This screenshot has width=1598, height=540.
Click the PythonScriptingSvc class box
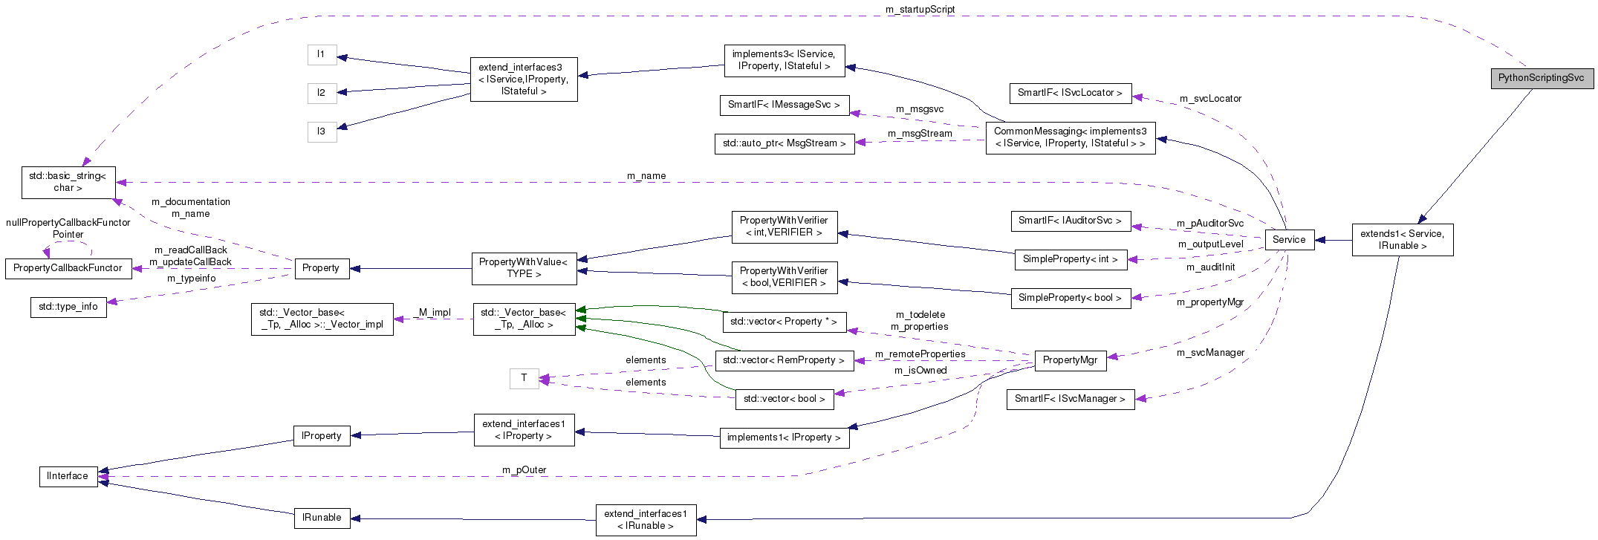[x=1541, y=78]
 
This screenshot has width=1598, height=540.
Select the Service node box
[x=1288, y=239]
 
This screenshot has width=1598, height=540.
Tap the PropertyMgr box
[x=1070, y=360]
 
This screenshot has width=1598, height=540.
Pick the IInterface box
[x=68, y=476]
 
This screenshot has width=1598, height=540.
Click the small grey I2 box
[x=322, y=93]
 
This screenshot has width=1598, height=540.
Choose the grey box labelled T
[x=524, y=378]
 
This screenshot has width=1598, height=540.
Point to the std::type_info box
[x=68, y=307]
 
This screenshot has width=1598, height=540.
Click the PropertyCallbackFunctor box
[x=68, y=268]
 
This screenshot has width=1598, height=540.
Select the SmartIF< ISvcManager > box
[x=1070, y=399]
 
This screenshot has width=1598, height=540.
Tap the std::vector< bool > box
[x=784, y=399]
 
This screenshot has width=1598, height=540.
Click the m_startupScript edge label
[x=920, y=10]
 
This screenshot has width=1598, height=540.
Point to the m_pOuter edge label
[x=524, y=469]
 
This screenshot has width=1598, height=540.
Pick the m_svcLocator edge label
[x=1210, y=99]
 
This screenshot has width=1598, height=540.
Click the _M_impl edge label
[x=434, y=313]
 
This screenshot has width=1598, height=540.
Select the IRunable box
[x=322, y=518]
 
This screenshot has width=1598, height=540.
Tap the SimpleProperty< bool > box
[x=1070, y=298]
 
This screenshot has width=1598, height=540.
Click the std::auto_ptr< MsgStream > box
[x=784, y=143]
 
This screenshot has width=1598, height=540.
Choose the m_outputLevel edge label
[x=1210, y=244]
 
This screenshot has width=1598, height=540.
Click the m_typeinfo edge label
[x=191, y=279]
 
